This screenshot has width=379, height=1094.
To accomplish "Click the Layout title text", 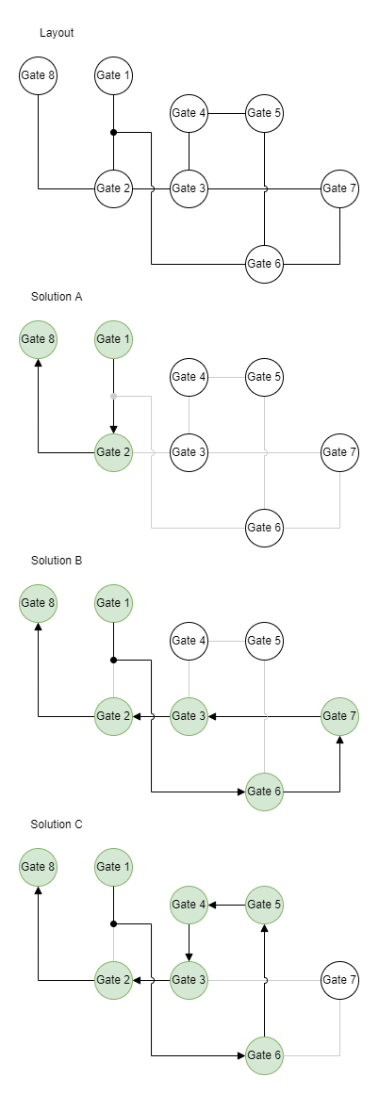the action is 57,33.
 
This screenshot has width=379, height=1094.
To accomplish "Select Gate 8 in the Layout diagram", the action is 38,75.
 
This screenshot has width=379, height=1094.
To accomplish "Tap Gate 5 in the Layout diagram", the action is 265,113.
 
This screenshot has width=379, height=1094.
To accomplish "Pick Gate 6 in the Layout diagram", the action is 265,264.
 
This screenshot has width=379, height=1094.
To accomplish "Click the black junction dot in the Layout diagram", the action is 114,132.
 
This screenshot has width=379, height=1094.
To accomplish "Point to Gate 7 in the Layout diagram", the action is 340,188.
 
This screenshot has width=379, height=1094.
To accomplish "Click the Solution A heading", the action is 57,297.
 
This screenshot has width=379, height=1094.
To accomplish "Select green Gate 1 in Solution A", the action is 114,339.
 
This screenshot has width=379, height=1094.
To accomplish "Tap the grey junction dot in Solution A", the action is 114,397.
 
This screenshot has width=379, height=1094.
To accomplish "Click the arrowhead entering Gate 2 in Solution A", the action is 114,429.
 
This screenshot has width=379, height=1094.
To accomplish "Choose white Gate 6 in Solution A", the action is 265,528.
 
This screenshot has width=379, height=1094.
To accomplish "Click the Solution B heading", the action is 57,561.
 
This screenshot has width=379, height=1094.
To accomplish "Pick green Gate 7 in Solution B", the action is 340,716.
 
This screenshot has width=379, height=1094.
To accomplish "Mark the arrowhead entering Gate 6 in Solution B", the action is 240,792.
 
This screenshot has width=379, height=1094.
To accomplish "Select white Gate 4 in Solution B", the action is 189,641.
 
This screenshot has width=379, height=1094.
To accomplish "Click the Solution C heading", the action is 57,824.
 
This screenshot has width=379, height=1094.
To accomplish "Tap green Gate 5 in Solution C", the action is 265,905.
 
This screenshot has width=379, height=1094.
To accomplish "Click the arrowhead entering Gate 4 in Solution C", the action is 213,905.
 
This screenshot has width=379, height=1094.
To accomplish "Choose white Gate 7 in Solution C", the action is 340,980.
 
